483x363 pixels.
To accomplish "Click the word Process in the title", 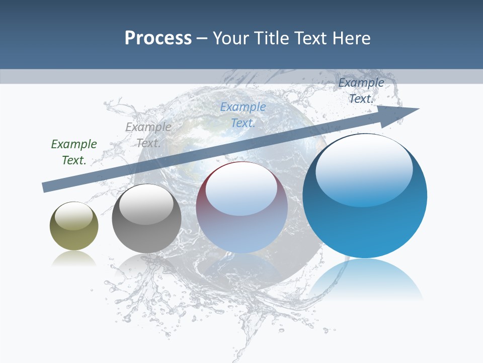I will pos(158,38).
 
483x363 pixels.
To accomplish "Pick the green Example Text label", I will pos(74,152).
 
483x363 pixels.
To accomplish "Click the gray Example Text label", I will pos(148,135).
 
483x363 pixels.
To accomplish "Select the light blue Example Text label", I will pos(243,115).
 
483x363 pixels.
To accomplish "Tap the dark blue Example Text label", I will pos(361,91).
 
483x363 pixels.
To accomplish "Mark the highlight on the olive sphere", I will pos(73,216).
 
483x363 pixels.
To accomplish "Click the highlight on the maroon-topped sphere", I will pos(241,189).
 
